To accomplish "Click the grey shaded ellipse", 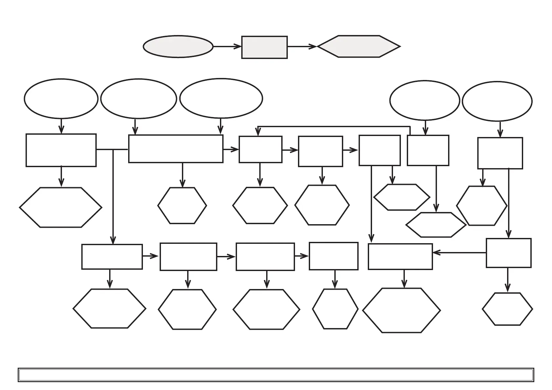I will tap(178, 47).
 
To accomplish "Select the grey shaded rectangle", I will tap(264, 48).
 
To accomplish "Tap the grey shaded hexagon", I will tap(359, 47).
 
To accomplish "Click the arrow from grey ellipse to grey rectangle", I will tap(227, 47).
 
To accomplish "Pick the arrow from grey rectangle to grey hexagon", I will tap(302, 47).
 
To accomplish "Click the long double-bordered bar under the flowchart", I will tap(276, 375).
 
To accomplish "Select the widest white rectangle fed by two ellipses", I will tap(176, 149).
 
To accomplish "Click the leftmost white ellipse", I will tap(61, 99).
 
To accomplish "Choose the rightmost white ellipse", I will tap(497, 101).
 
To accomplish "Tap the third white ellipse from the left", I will tap(221, 98).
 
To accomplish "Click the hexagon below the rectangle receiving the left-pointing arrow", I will tap(401, 310).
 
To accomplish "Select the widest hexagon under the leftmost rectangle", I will tap(61, 207).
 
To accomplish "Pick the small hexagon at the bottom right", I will tap(507, 309).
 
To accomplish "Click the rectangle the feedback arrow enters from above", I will tap(260, 149).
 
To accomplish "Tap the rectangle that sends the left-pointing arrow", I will tap(508, 253).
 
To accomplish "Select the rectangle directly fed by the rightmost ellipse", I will tap(500, 153).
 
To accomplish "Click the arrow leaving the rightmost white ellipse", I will tap(500, 129).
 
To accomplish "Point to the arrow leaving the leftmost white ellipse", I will tap(61, 126).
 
